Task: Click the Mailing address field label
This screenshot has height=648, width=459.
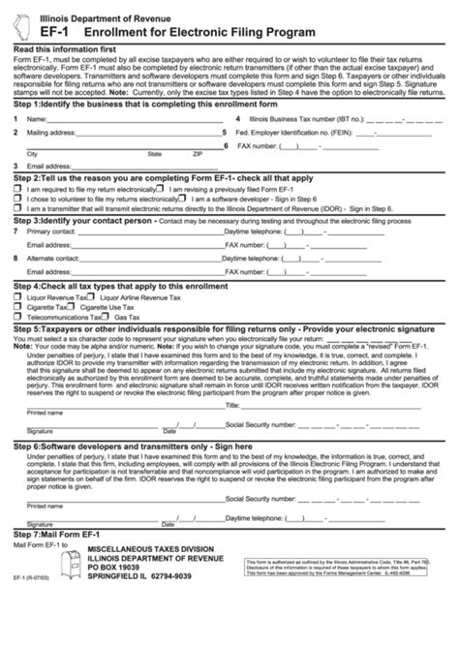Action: click(x=52, y=129)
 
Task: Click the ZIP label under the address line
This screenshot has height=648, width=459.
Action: click(x=198, y=154)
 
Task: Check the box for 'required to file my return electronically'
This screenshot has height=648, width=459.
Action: click(x=17, y=190)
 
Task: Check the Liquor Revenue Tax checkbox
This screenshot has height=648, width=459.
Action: click(x=17, y=297)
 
